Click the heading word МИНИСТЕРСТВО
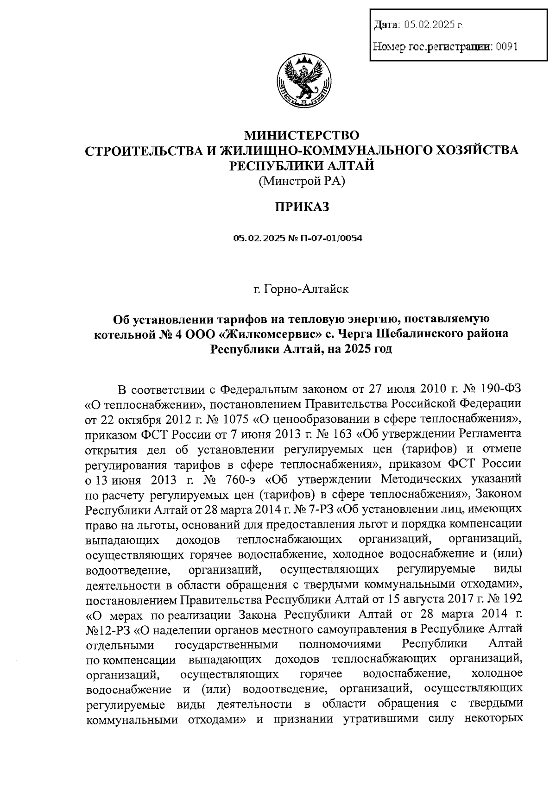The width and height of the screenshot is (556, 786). pos(302,136)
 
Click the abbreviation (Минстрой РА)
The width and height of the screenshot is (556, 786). pos(302,182)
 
